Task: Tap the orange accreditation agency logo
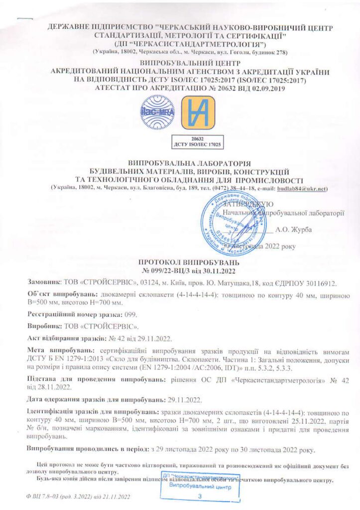[x=198, y=113]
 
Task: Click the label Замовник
[x=43, y=283]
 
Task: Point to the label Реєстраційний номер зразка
[x=75, y=315]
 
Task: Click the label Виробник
[x=42, y=327]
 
